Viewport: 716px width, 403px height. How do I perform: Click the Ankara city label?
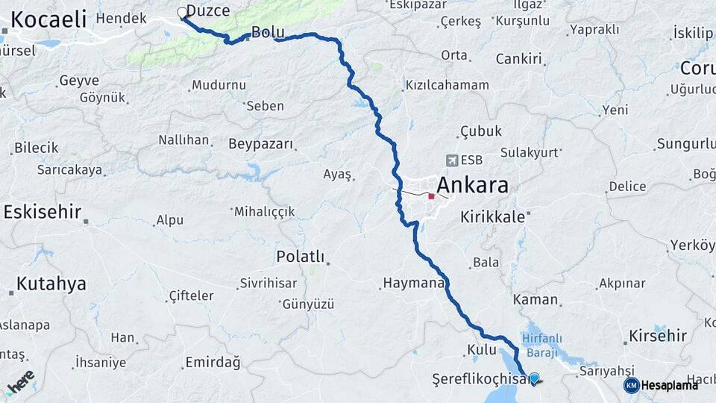[472, 185]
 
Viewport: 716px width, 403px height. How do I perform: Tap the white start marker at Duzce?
[181, 12]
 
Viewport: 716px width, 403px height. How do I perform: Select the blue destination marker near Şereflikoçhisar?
[534, 378]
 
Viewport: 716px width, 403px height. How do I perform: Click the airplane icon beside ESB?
[451, 160]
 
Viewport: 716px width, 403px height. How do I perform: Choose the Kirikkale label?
[493, 216]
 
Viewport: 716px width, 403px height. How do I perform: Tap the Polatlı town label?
[300, 257]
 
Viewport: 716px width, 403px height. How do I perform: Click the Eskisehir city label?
[42, 212]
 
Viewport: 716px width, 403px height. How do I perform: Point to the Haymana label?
[414, 283]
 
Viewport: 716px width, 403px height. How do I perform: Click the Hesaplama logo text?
[669, 385]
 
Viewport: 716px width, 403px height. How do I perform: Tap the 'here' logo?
[20, 381]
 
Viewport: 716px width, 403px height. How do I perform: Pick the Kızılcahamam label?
[447, 85]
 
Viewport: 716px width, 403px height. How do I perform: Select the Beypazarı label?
[261, 143]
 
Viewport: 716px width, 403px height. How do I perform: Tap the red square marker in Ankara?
[431, 196]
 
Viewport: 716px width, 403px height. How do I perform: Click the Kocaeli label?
[48, 19]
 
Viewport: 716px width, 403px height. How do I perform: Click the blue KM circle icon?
[632, 385]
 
